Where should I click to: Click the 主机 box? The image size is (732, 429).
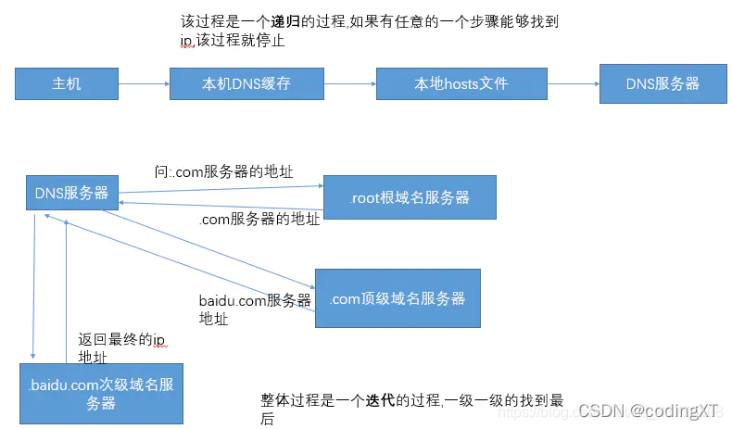(66, 83)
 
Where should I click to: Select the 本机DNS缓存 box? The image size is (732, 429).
(246, 83)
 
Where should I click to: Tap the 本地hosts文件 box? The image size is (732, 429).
(461, 83)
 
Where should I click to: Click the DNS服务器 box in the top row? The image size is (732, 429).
(663, 82)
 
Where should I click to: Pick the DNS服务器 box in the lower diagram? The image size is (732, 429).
(71, 194)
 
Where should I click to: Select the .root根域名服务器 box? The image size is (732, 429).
(410, 197)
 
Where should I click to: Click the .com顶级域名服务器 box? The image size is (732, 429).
(397, 298)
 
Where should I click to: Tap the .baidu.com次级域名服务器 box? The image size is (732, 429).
(101, 394)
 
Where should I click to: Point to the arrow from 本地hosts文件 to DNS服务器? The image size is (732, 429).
(572, 83)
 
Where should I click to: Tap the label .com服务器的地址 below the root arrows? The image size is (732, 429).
(259, 220)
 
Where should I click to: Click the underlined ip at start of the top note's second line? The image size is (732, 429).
(185, 41)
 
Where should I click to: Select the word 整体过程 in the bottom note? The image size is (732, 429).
(288, 400)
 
